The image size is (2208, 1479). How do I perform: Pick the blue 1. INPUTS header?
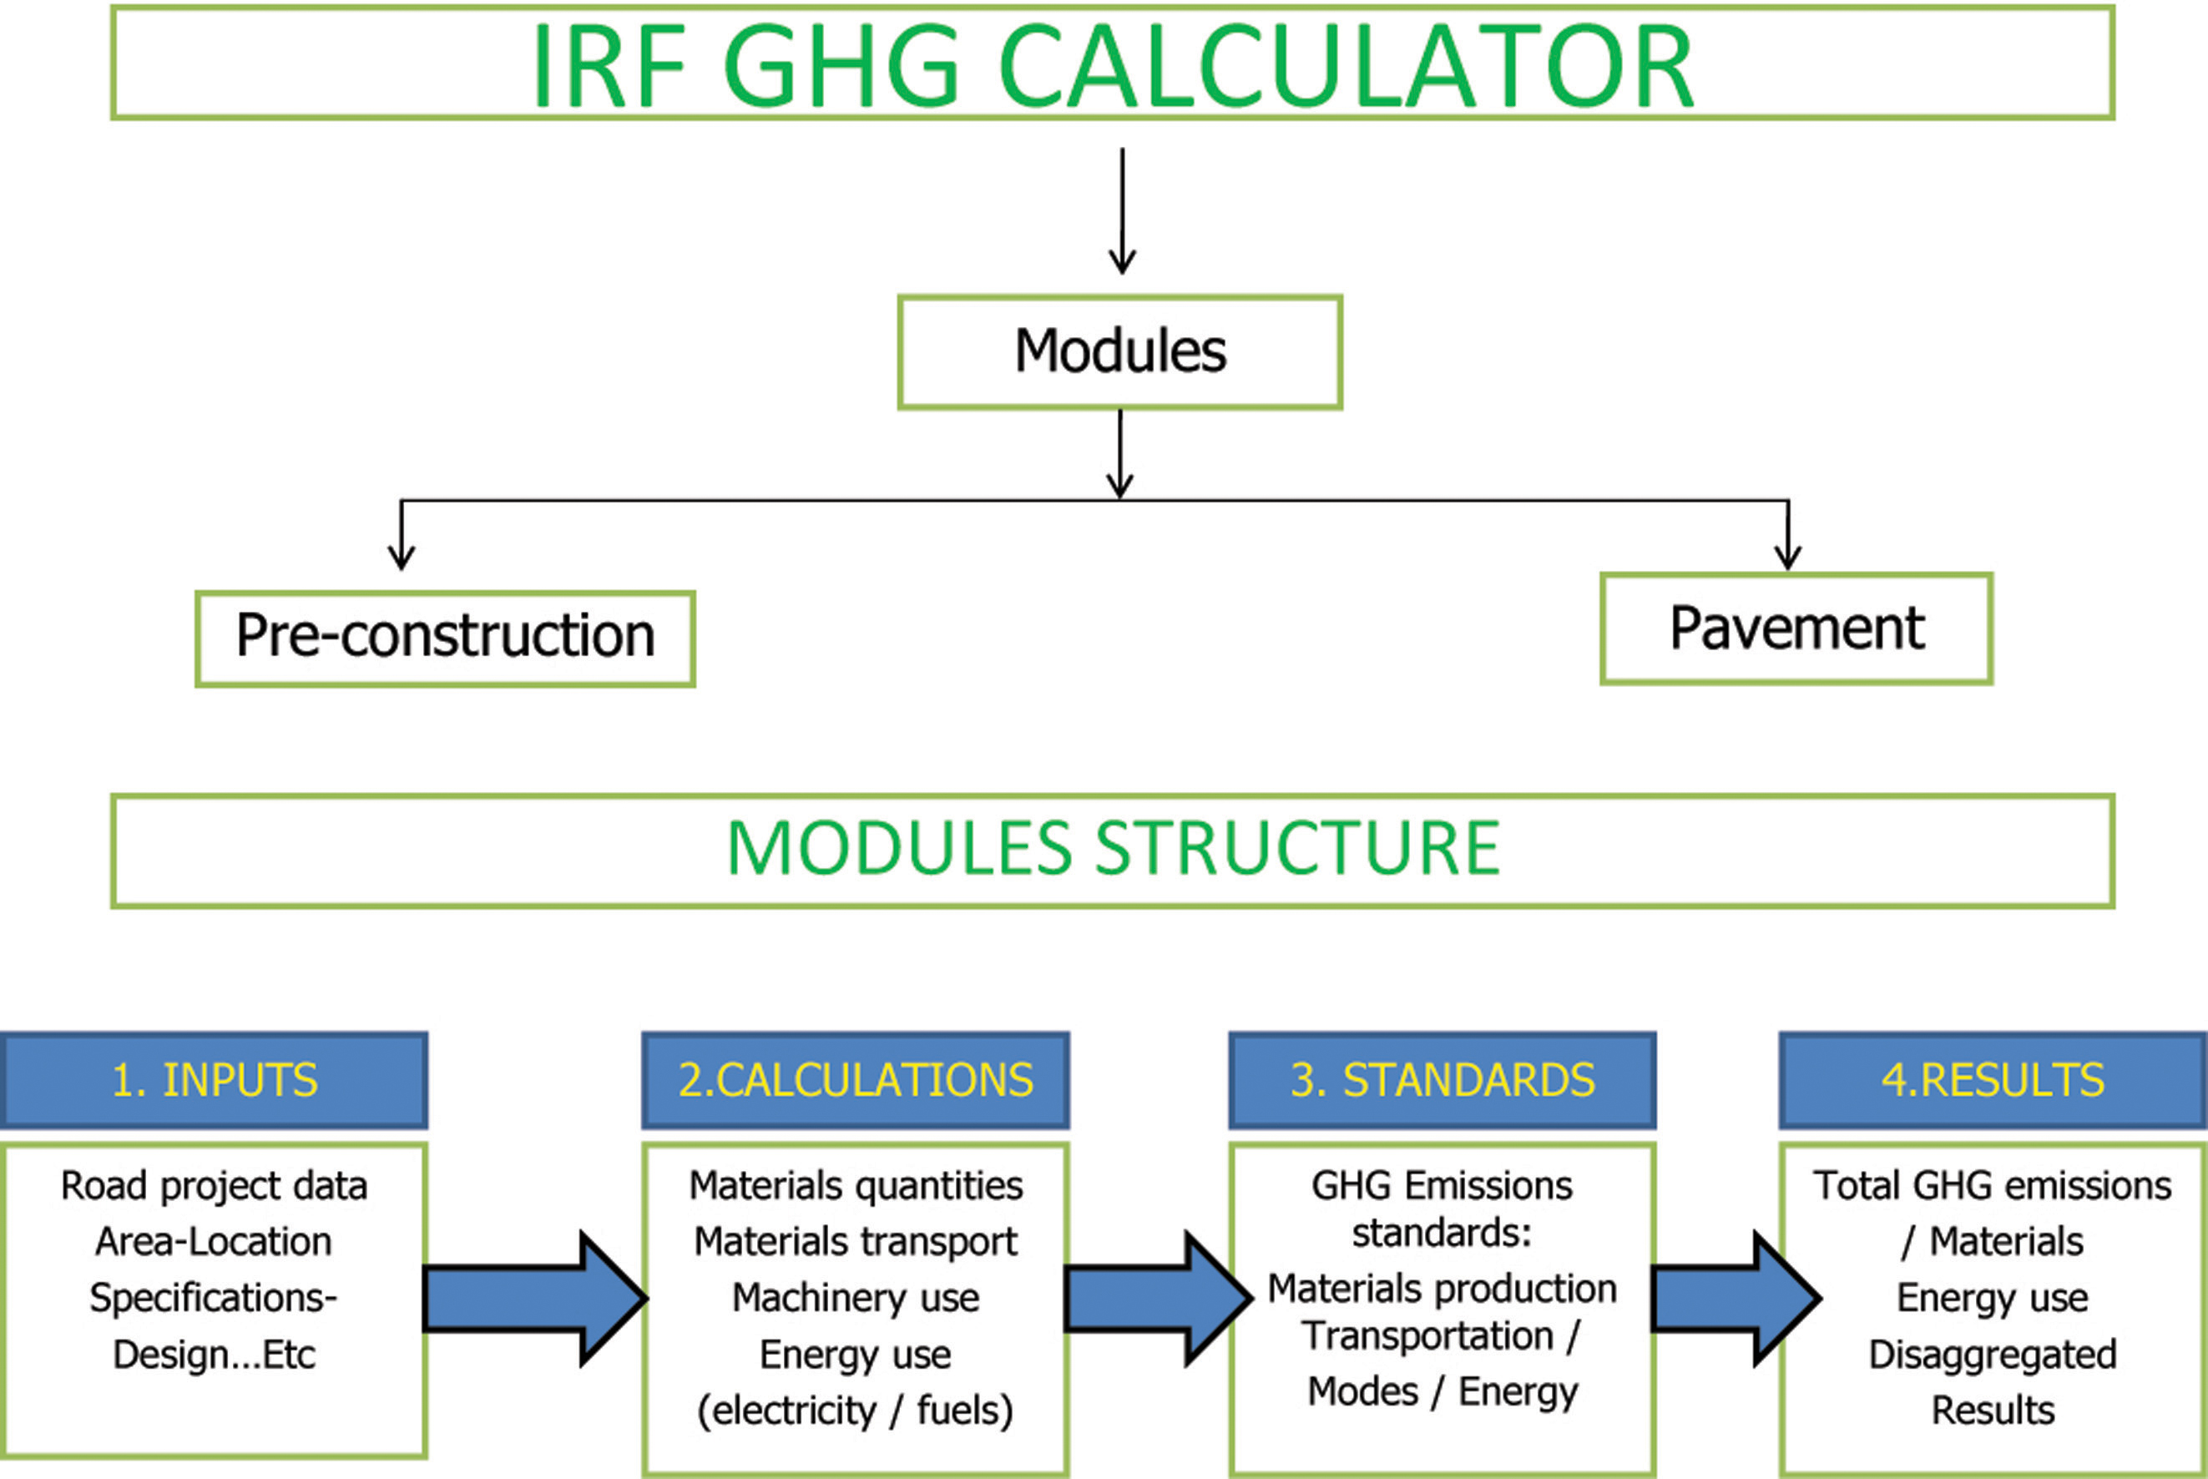point(214,1080)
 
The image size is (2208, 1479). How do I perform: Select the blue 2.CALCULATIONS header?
point(856,1080)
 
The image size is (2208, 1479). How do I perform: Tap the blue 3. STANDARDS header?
point(1443,1080)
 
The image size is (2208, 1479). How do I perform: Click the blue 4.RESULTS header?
point(1993,1080)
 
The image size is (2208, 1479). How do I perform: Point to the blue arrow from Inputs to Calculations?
point(535,1298)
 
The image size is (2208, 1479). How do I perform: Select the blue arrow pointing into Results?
point(1736,1298)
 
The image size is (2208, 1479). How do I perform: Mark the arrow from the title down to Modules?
point(1121,210)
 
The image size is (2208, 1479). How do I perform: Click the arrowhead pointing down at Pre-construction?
point(402,558)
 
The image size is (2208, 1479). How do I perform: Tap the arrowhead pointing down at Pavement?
point(1788,558)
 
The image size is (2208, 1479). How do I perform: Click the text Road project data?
point(214,1187)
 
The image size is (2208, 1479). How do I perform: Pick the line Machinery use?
point(856,1298)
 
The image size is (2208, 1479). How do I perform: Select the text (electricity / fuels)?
point(856,1411)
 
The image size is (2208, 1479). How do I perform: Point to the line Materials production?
point(1443,1290)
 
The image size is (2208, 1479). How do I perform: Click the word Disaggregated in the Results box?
point(1993,1355)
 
